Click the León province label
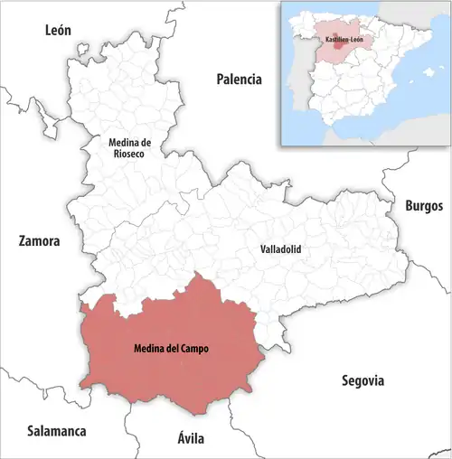pos(58,31)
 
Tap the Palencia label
pos(239,80)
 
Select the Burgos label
pos(424,206)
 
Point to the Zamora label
pos(39,242)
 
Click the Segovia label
pos(363,380)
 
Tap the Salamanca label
pos(56,431)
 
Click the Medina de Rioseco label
pos(132,148)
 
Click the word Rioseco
pos(133,155)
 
